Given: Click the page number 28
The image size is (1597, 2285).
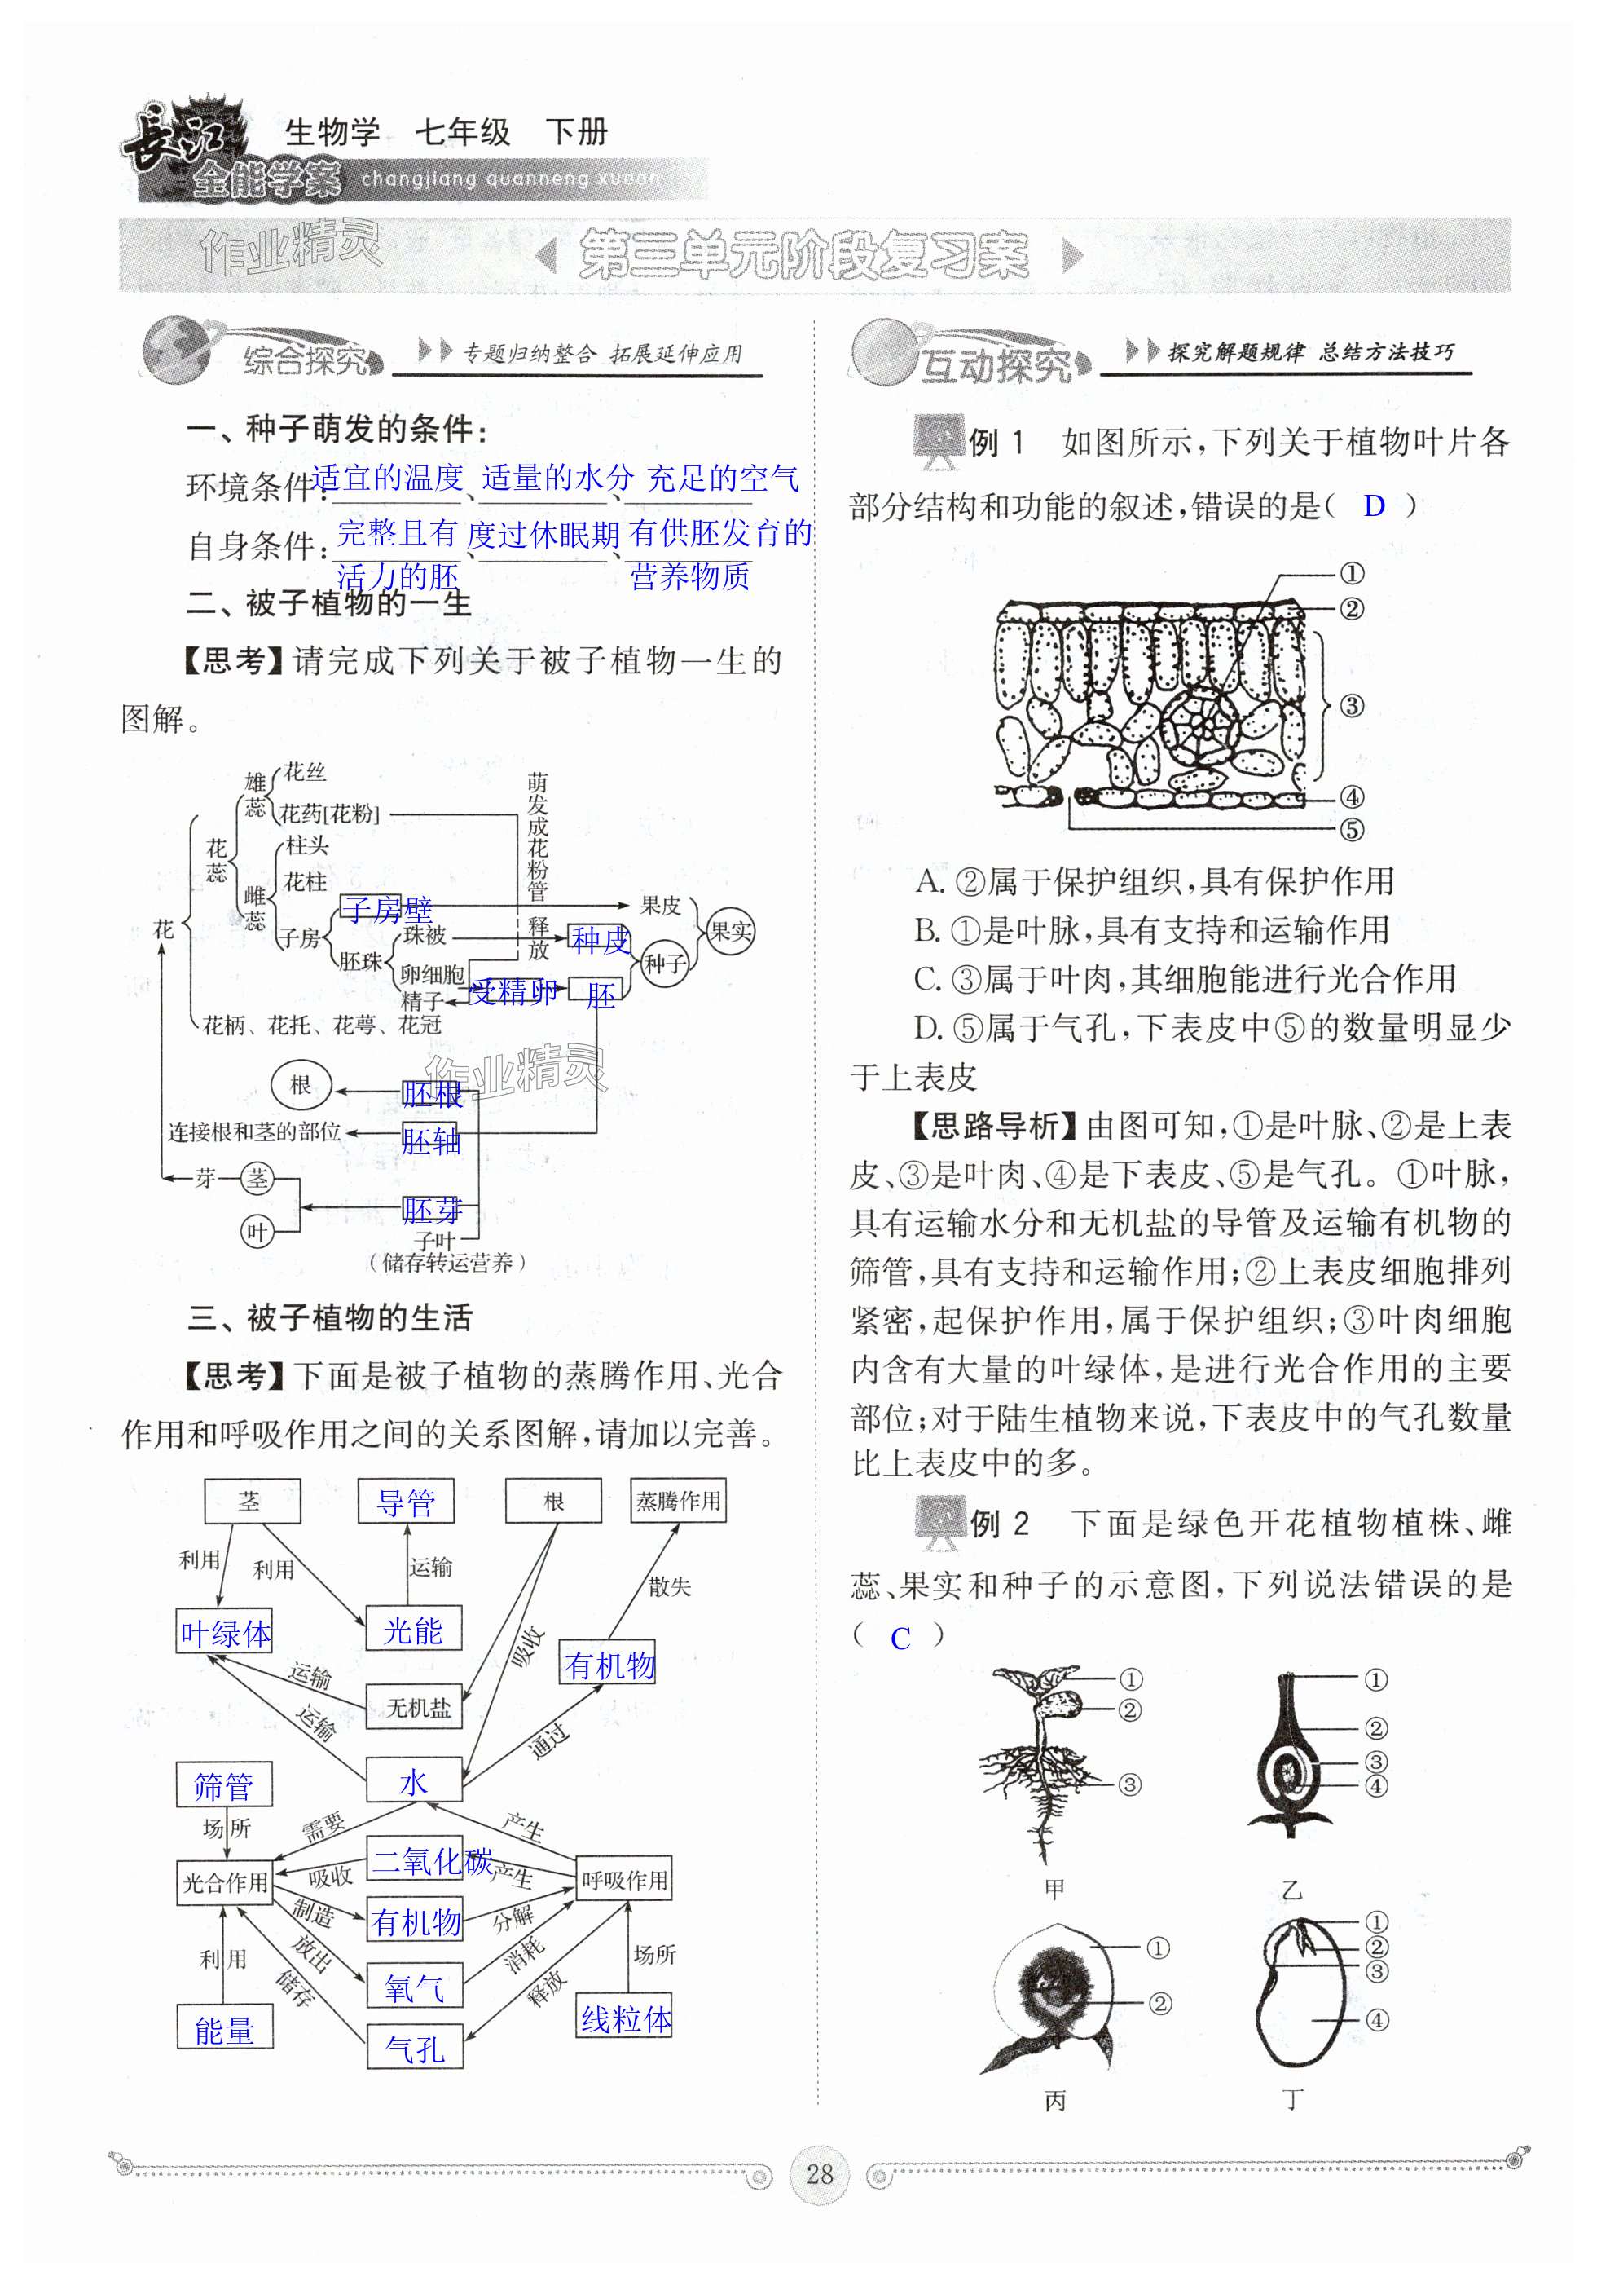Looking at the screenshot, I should pyautogui.click(x=818, y=2173).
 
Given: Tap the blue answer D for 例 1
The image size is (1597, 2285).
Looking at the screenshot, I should pyautogui.click(x=1373, y=506).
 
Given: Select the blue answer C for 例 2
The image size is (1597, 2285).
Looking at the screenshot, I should pyautogui.click(x=900, y=1638).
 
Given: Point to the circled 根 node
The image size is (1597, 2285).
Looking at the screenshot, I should pyautogui.click(x=301, y=1085).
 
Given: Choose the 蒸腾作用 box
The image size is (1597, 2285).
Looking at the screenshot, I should pyautogui.click(x=678, y=1501).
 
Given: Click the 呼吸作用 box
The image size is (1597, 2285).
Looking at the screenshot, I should pyautogui.click(x=624, y=1880).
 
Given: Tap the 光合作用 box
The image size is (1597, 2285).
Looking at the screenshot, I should pyautogui.click(x=225, y=1882).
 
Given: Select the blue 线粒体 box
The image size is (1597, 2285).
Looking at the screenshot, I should pyautogui.click(x=625, y=2018).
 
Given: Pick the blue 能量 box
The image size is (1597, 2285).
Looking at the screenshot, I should pyautogui.click(x=224, y=2029).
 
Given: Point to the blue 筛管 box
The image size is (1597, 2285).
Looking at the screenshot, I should pyautogui.click(x=224, y=1786).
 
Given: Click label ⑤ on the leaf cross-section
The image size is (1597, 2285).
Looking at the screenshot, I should pyautogui.click(x=1350, y=829).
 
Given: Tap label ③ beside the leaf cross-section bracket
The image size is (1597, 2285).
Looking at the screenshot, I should pyautogui.click(x=1350, y=707).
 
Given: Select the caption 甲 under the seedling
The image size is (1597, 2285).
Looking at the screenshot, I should pyautogui.click(x=1054, y=1888).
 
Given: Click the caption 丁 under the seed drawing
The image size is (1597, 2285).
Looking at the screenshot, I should pyautogui.click(x=1291, y=2099).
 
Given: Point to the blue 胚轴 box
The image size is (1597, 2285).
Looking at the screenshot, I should pyautogui.click(x=430, y=1140).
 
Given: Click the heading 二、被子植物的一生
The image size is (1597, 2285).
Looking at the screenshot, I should pyautogui.click(x=328, y=603).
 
